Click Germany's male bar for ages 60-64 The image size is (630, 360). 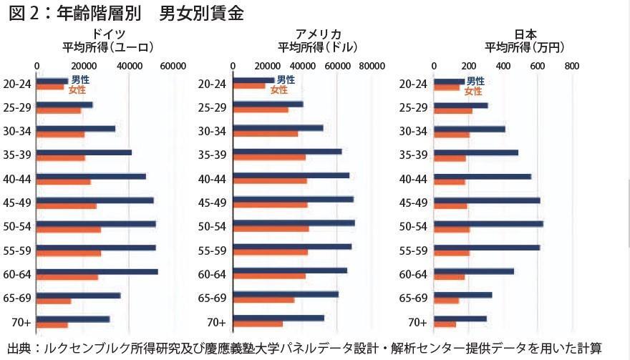pos(97,272)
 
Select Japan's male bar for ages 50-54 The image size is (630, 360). pos(488,224)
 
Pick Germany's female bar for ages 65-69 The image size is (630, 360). pos(54,301)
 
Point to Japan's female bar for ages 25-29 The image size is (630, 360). pos(453,111)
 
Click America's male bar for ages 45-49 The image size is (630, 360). pos(294,200)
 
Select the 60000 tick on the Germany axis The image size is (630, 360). pos(173,66)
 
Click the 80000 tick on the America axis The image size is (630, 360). pos(372,66)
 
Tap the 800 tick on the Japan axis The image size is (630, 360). pos(571,66)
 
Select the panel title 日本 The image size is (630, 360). pos(525,34)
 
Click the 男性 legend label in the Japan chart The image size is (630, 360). pos(475,82)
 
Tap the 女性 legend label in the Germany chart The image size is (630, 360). pos(77,90)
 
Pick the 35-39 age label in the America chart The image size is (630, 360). pos(212,155)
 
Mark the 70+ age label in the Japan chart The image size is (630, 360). pos(417,322)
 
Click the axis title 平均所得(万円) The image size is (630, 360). pos(525,48)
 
